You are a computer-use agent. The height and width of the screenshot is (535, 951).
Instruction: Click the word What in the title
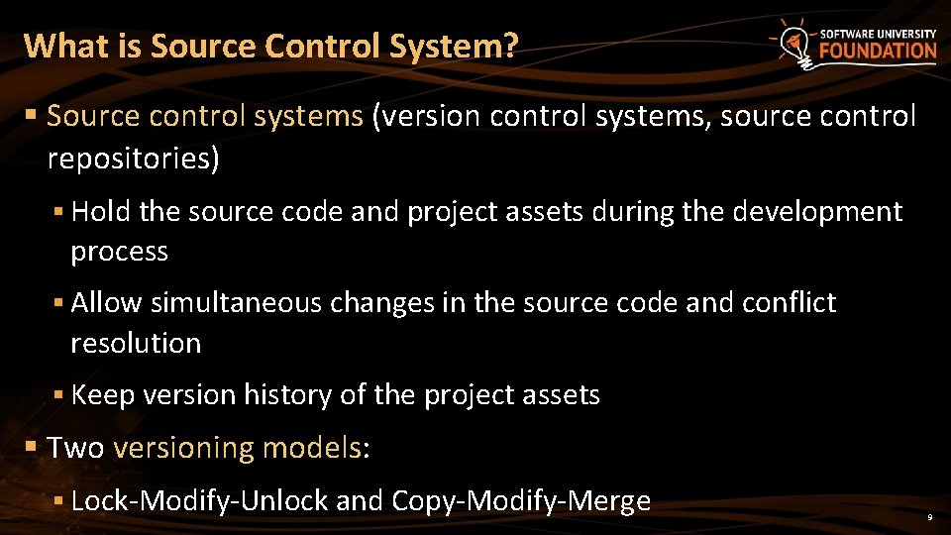tap(57, 46)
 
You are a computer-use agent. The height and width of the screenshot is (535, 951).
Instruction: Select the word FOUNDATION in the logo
tap(878, 52)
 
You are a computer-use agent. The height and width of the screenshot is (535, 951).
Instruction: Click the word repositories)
tap(133, 160)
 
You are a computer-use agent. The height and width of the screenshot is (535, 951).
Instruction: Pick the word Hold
tap(102, 211)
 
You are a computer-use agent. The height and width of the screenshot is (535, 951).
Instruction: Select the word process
tap(119, 252)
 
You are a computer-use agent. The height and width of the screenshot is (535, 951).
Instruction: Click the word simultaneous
tap(236, 302)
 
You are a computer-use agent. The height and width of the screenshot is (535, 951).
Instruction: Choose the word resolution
tap(136, 343)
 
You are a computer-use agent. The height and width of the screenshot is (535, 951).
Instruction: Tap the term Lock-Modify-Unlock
tap(199, 500)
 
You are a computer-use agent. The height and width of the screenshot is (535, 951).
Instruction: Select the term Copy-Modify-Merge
tap(521, 500)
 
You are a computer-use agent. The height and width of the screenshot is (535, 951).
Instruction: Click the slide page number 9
tap(929, 518)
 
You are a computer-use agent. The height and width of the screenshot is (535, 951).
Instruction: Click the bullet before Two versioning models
tap(31, 448)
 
